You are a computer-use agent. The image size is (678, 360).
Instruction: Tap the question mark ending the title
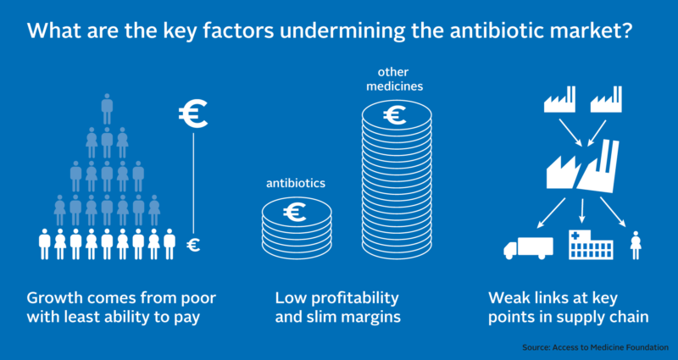(x=626, y=31)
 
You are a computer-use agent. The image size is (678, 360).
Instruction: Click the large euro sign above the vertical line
(x=193, y=114)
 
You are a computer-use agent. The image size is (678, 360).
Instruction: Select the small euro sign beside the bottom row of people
(x=193, y=246)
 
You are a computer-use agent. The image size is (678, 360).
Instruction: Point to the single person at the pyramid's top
(x=107, y=109)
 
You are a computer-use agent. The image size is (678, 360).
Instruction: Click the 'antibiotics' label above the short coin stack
(x=296, y=183)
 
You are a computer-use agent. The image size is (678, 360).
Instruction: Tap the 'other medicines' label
(x=394, y=79)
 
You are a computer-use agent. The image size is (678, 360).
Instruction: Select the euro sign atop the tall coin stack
(x=394, y=115)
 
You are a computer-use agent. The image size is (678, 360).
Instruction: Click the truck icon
(x=528, y=247)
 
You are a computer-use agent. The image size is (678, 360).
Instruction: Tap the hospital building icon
(x=591, y=244)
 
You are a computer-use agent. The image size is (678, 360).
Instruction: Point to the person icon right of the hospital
(x=636, y=245)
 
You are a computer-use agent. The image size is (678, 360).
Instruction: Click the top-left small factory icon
(x=559, y=99)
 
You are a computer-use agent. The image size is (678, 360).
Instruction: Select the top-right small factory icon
(x=606, y=99)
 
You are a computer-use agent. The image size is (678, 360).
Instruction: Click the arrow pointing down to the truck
(x=552, y=213)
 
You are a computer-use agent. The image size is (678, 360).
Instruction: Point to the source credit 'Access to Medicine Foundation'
(x=610, y=347)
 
